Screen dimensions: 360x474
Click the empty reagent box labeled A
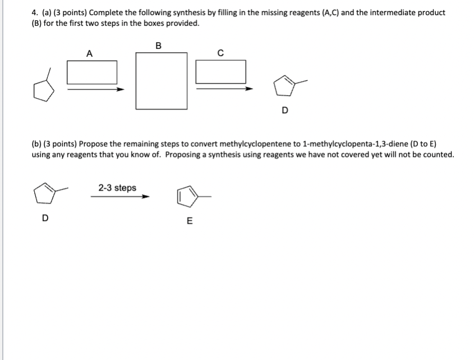(x=93, y=72)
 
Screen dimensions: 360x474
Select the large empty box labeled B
(x=162, y=81)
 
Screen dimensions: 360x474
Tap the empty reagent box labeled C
(x=221, y=72)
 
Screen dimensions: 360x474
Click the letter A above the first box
(x=89, y=54)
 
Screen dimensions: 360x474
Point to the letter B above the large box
(x=158, y=46)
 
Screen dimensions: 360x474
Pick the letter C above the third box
(x=220, y=54)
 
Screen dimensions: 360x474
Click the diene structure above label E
(x=191, y=197)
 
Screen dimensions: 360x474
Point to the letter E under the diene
(x=188, y=221)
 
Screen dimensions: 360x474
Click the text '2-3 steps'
(x=117, y=188)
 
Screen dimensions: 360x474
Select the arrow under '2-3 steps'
(x=121, y=197)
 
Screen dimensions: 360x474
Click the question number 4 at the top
(x=34, y=12)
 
